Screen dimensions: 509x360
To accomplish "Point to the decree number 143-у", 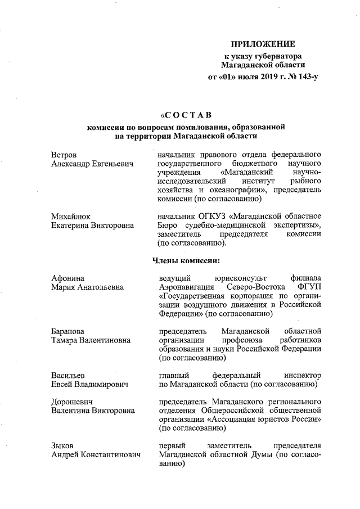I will tap(305, 76).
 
